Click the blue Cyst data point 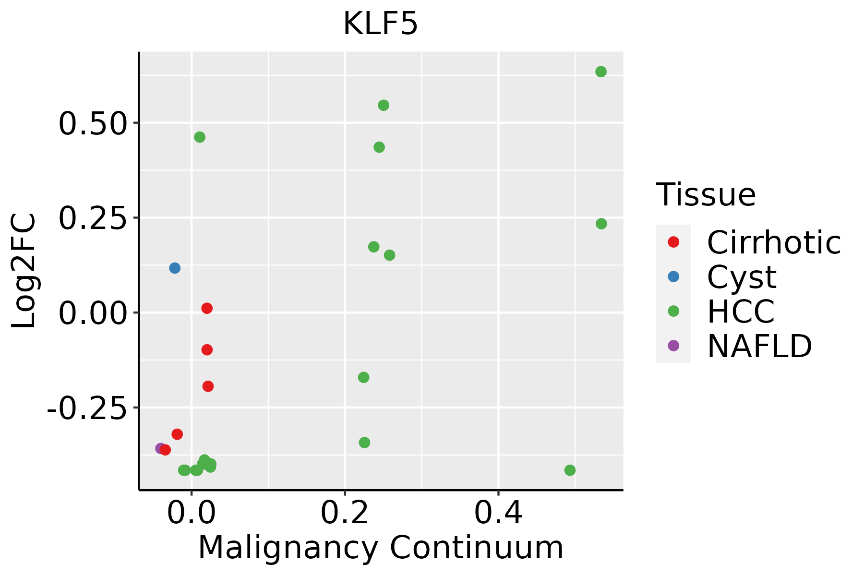(175, 268)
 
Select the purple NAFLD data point (161, 448)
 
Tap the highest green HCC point (601, 72)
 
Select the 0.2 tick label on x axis (345, 514)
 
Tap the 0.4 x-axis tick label (498, 514)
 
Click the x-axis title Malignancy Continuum (380, 548)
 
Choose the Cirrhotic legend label (774, 242)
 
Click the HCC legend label (741, 312)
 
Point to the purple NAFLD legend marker (673, 346)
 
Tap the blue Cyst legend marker (673, 276)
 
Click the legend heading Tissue (706, 195)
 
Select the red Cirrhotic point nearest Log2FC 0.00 (207, 308)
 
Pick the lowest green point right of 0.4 (570, 470)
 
